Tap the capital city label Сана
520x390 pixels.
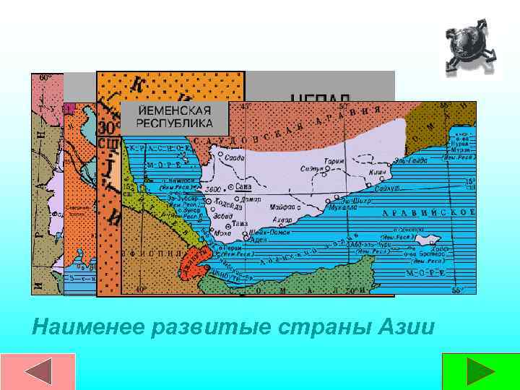243,186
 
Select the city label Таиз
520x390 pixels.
240,224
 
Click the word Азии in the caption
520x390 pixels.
407,328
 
